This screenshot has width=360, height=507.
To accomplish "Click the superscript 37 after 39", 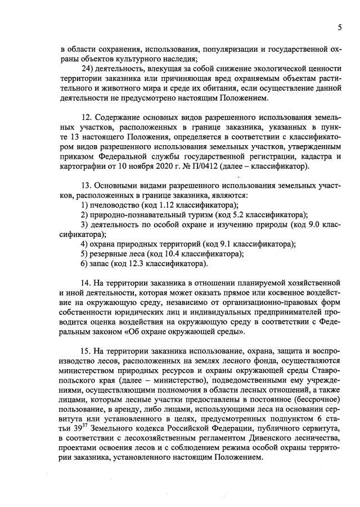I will point(78,428).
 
